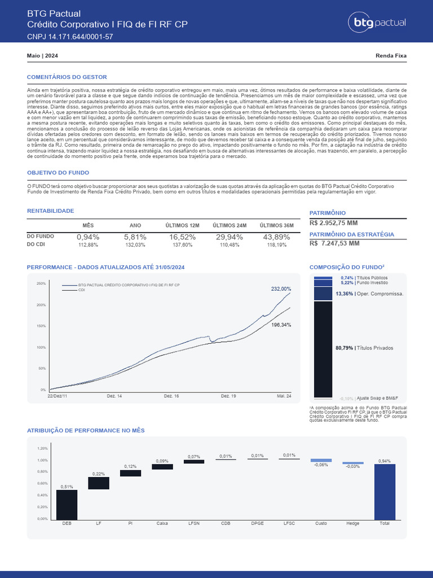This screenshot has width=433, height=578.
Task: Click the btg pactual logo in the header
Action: pyautogui.click(x=379, y=23)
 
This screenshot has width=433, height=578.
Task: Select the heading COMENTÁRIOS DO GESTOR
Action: pyautogui.click(x=67, y=77)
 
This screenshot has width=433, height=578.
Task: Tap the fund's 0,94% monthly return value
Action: pyautogui.click(x=88, y=237)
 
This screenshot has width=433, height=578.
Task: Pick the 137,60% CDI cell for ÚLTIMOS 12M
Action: pyautogui.click(x=182, y=246)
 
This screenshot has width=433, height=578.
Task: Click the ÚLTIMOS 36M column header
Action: pyautogui.click(x=276, y=225)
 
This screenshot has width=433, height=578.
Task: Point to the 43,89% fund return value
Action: pyautogui.click(x=276, y=237)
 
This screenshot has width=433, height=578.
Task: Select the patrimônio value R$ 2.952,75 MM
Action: pyautogui.click(x=334, y=223)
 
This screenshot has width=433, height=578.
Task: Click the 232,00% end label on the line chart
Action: pyautogui.click(x=281, y=289)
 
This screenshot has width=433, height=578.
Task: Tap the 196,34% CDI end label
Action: pyautogui.click(x=281, y=325)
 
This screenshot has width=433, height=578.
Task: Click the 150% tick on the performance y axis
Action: pyautogui.click(x=41, y=326)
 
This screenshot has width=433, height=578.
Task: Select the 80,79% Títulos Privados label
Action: pyautogui.click(x=364, y=348)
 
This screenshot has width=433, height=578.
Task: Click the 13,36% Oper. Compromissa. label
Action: pyautogui.click(x=369, y=294)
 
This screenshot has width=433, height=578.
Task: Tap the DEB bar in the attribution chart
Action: pyautogui.click(x=67, y=505)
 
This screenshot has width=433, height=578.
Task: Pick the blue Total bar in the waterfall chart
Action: pyautogui.click(x=385, y=492)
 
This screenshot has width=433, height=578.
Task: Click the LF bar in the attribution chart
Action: pyautogui.click(x=99, y=483)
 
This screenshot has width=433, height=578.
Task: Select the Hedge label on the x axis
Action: pyautogui.click(x=352, y=524)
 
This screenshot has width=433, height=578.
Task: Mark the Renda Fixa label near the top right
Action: pyautogui.click(x=391, y=56)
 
